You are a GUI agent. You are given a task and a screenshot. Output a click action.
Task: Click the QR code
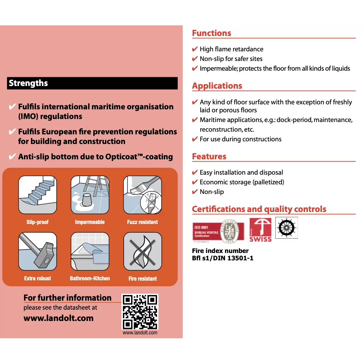click(x=140, y=312)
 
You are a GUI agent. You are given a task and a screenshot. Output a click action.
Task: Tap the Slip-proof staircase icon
click(x=37, y=195)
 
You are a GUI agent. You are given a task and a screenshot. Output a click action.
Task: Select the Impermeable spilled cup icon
click(x=90, y=195)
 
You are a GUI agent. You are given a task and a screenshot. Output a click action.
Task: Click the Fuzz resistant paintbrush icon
click(x=143, y=195)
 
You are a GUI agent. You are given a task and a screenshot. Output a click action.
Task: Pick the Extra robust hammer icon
click(x=37, y=251)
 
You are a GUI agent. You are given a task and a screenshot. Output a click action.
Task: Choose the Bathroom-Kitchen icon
click(x=90, y=251)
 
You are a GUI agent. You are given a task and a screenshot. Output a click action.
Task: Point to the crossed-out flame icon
click(x=143, y=251)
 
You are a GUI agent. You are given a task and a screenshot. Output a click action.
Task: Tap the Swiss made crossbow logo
click(x=260, y=230)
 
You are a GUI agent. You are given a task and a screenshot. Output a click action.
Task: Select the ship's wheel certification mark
click(x=286, y=228)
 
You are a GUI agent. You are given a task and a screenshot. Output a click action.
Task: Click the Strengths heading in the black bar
click(x=28, y=83)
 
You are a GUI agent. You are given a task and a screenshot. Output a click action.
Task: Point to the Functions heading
click(x=212, y=33)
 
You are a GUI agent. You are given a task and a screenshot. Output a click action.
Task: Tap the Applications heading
click(x=217, y=86)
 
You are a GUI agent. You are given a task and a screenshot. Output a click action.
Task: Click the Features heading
click(x=209, y=157)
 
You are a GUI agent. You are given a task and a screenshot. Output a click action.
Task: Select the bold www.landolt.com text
click(x=59, y=318)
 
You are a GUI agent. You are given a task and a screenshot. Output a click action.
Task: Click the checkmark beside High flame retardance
click(x=195, y=49)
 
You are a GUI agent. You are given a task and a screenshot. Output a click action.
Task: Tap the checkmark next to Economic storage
click(x=195, y=182)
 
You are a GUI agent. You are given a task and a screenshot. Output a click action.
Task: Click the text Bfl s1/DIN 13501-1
click(x=223, y=258)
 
